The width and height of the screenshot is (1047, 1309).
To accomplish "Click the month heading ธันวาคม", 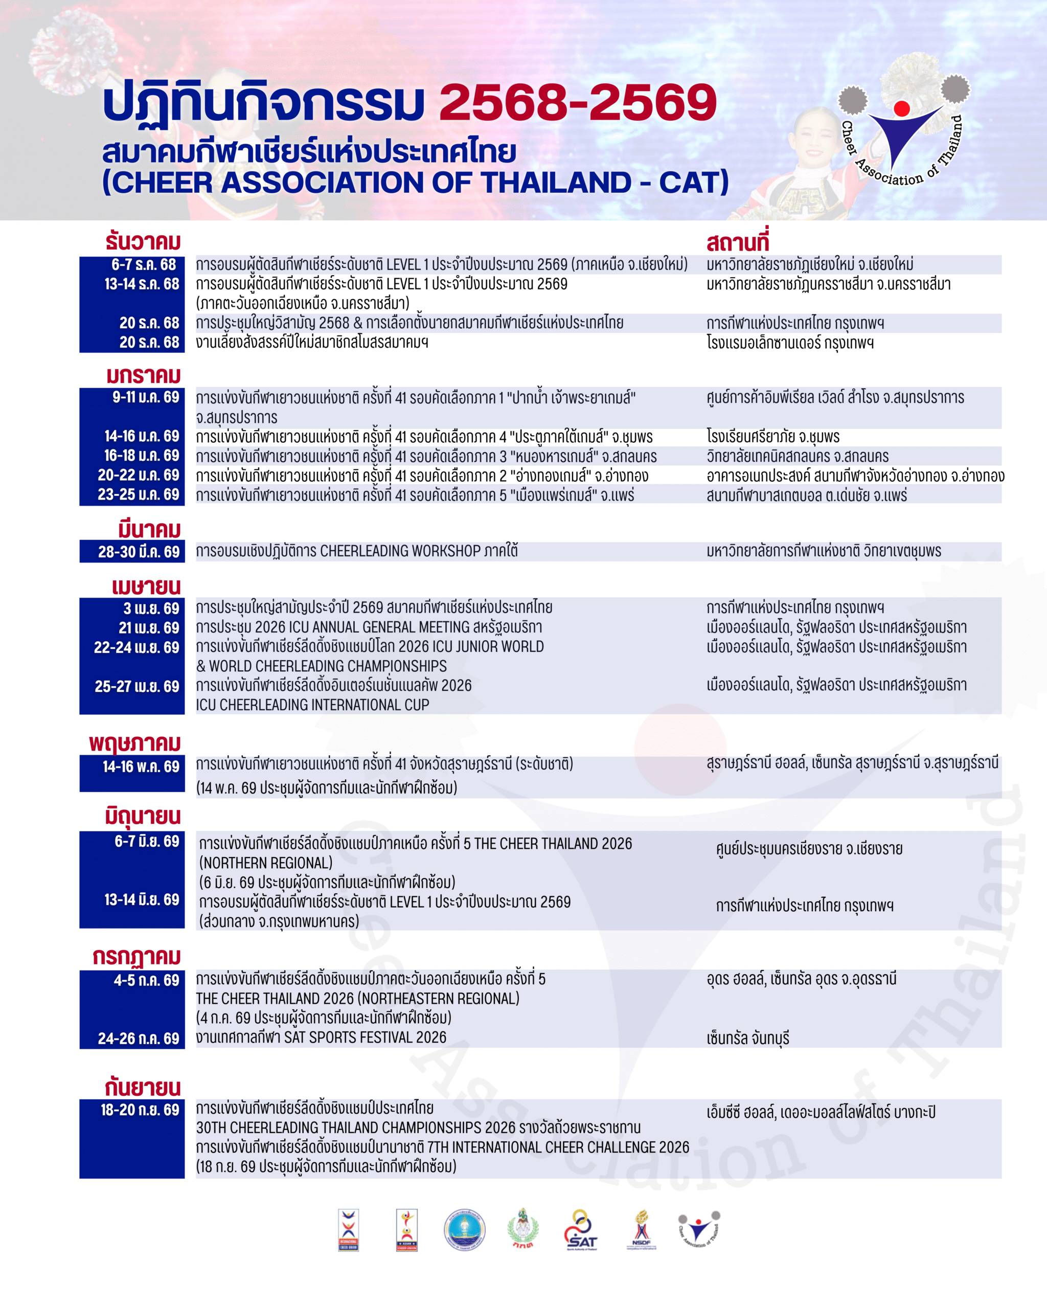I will pos(143,242).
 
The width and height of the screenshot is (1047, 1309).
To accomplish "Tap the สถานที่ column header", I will pos(738,243).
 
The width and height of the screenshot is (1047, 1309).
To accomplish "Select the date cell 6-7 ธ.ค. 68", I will pos(143,265).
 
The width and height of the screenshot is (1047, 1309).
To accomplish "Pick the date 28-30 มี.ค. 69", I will pos(139,552).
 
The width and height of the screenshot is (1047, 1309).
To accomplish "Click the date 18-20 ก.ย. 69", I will pos(140,1110).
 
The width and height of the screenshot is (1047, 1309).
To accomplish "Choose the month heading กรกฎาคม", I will pos(136,957).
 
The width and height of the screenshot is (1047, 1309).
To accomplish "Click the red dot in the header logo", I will pos(902,109).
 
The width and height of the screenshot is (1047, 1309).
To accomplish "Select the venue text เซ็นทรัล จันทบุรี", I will pos(748,1038).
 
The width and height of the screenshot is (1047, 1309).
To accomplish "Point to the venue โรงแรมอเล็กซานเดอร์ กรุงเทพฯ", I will pos(790,343).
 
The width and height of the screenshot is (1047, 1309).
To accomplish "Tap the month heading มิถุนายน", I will pos(143,817).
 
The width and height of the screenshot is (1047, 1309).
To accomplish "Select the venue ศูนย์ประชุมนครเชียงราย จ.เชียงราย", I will pos(809,849).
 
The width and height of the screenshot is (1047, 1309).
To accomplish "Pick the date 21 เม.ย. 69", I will pos(149,628).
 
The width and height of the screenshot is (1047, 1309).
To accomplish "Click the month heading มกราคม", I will pos(144,376).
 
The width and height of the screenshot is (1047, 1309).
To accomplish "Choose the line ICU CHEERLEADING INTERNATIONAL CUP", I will pos(312,705).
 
